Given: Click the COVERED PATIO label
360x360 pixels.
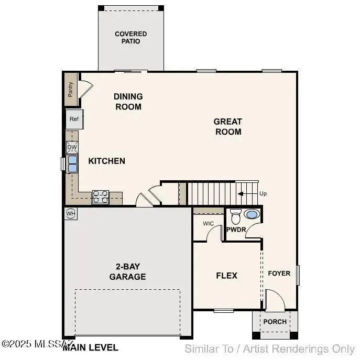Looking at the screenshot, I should [130, 37].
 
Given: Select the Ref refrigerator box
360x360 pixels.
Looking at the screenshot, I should [74, 119].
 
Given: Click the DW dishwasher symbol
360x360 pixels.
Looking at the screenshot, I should [72, 147].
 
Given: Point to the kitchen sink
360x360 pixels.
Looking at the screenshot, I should [72, 163].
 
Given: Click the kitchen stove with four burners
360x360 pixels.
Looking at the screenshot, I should [101, 197].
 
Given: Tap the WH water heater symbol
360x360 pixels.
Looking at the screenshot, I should [71, 213].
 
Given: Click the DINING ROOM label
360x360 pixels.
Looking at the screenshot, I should [128, 101].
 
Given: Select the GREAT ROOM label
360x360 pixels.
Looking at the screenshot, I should [227, 126].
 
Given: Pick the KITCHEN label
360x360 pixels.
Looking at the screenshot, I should [106, 160].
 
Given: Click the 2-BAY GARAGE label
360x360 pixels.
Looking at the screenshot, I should [127, 271].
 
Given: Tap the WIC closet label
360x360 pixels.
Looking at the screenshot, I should [208, 224].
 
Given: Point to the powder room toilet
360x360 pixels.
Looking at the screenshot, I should [236, 216].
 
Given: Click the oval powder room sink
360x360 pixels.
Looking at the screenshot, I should [252, 214].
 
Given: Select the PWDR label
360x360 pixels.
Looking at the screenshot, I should [236, 229].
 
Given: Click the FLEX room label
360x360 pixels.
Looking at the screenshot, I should [227, 275].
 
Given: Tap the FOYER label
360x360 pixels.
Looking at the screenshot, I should [279, 273].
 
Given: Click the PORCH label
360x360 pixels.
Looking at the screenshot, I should [275, 321].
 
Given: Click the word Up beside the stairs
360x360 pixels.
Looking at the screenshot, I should [263, 193].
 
